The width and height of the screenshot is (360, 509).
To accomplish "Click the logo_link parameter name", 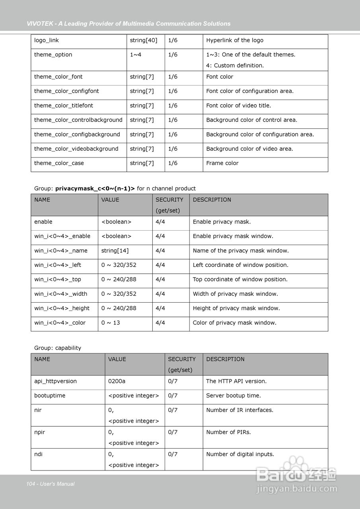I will tap(47, 40).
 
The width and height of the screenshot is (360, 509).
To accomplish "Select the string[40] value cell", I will tap(143, 40).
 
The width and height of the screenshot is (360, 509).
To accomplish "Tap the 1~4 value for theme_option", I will tap(135, 54).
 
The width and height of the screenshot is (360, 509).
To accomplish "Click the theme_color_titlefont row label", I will tap(64, 105).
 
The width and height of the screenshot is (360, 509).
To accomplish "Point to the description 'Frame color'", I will tap(222, 163).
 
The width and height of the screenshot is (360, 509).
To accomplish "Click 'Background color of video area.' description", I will tap(249, 149).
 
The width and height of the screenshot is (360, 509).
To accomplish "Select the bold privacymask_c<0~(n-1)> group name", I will tap(95, 188).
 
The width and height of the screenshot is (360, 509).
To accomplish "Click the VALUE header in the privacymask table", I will tap(110, 200).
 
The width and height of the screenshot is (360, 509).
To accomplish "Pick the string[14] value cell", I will tap(115, 251).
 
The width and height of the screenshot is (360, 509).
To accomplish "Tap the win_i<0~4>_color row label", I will tap(60, 322).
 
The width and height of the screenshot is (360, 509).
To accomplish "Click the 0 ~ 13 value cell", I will tap(111, 322).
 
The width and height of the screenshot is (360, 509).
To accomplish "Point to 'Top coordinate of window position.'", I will tap(240, 279).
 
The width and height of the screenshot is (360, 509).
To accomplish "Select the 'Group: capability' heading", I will tap(58, 348).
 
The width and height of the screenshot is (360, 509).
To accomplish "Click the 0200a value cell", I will tap(117, 381).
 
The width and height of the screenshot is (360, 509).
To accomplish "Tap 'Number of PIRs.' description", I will tap(228, 432).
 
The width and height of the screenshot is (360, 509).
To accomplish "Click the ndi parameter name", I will tap(38, 454).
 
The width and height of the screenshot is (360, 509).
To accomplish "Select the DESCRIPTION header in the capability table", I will tap(225, 359).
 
